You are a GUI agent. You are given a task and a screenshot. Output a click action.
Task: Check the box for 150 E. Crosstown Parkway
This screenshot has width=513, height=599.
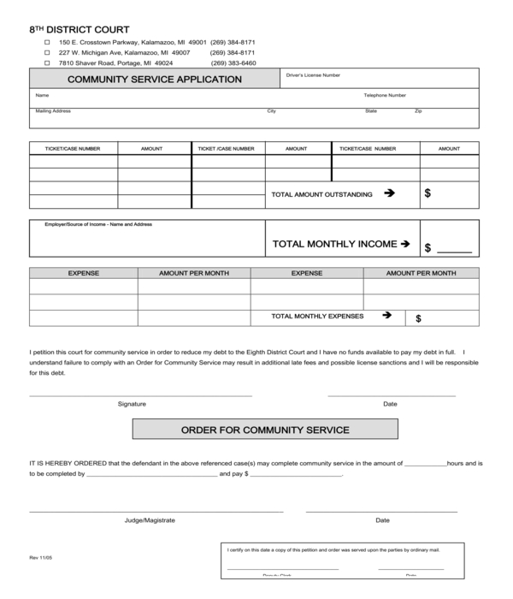[x=47, y=42]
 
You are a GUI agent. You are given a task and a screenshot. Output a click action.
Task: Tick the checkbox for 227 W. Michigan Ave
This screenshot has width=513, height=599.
[x=47, y=52]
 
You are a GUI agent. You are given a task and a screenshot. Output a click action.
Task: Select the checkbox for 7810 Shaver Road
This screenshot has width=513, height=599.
[x=47, y=62]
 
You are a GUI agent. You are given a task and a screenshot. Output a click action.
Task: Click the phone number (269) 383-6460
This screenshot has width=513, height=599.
[x=233, y=62]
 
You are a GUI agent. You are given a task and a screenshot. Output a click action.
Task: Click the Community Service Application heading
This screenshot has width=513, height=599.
[x=155, y=80]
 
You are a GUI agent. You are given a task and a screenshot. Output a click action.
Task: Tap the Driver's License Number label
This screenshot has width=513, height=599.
[x=313, y=75]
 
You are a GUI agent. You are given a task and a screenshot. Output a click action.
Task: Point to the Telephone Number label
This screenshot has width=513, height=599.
[x=385, y=95]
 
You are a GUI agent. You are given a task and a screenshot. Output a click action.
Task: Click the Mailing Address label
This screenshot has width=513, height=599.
[x=53, y=111]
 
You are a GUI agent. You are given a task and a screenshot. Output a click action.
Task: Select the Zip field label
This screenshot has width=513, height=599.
[x=418, y=111]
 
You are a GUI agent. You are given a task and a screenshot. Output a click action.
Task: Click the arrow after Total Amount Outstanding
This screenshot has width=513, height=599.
[x=390, y=193]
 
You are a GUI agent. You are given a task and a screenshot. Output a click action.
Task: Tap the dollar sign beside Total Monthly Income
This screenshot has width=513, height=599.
[x=427, y=248]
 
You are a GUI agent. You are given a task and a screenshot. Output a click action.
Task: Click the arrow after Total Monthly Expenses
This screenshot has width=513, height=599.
[x=386, y=316]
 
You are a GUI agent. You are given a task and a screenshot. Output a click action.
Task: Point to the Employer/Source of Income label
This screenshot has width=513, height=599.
[x=98, y=224]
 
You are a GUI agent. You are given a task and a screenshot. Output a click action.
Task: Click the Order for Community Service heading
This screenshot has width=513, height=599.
[x=265, y=429]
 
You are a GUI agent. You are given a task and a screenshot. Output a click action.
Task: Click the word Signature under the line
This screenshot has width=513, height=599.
[x=132, y=404]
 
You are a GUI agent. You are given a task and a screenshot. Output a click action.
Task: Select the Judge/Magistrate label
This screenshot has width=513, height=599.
[x=150, y=519]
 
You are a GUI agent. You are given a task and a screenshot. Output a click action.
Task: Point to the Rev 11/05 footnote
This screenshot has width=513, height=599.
[x=40, y=557]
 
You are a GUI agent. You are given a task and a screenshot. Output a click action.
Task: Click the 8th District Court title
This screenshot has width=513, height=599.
[x=80, y=29]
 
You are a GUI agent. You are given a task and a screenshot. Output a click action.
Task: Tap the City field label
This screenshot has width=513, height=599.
[x=271, y=111]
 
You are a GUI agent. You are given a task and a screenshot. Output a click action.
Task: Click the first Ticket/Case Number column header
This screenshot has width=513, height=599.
[x=73, y=148]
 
